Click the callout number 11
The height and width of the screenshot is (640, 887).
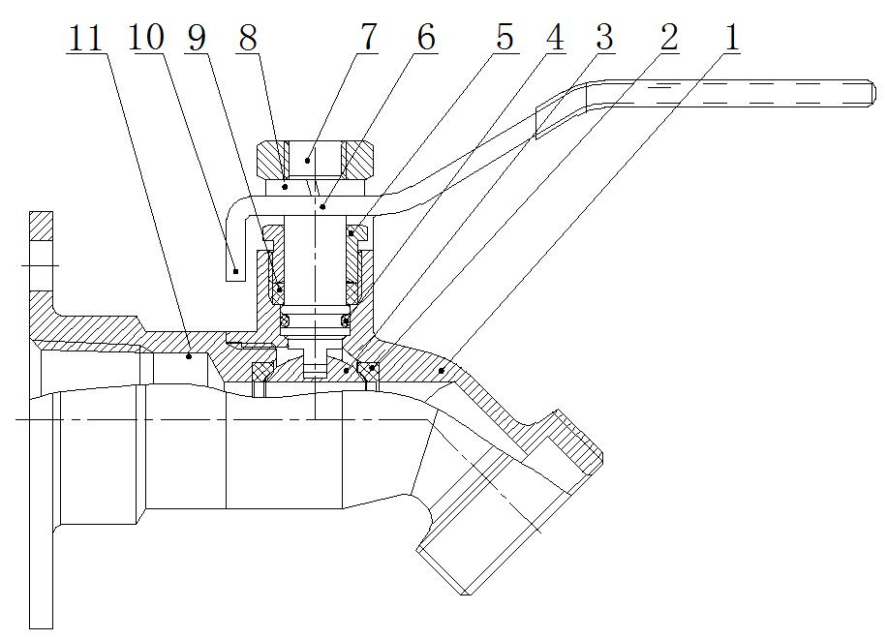pos(85,38)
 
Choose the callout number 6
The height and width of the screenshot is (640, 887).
pos(425,38)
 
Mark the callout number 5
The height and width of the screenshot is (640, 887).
pos(504,38)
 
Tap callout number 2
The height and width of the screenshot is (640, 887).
pos(667,38)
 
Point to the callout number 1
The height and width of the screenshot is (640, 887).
pos(731,38)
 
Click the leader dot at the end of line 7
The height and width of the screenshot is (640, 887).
pos(307,159)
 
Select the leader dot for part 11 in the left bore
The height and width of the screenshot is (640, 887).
pos(189,356)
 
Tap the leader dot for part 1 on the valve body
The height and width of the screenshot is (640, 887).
pos(441,370)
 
